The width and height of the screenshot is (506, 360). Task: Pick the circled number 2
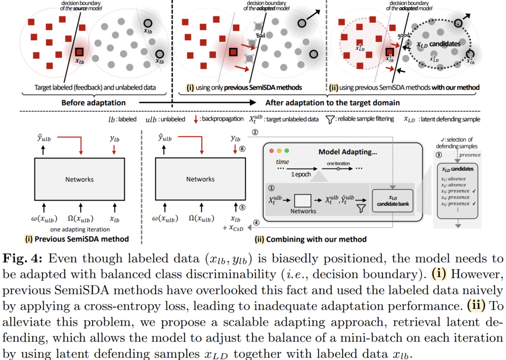[x=255, y=132]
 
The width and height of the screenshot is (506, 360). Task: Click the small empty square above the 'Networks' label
[x=302, y=200]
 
